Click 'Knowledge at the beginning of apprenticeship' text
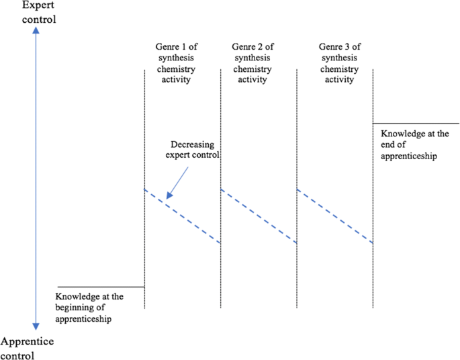pos(89,307)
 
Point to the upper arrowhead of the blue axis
pos(36,32)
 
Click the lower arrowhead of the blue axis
pos(36,326)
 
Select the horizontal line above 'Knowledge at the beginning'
pos(101,287)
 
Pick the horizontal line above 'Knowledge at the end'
pos(416,124)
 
